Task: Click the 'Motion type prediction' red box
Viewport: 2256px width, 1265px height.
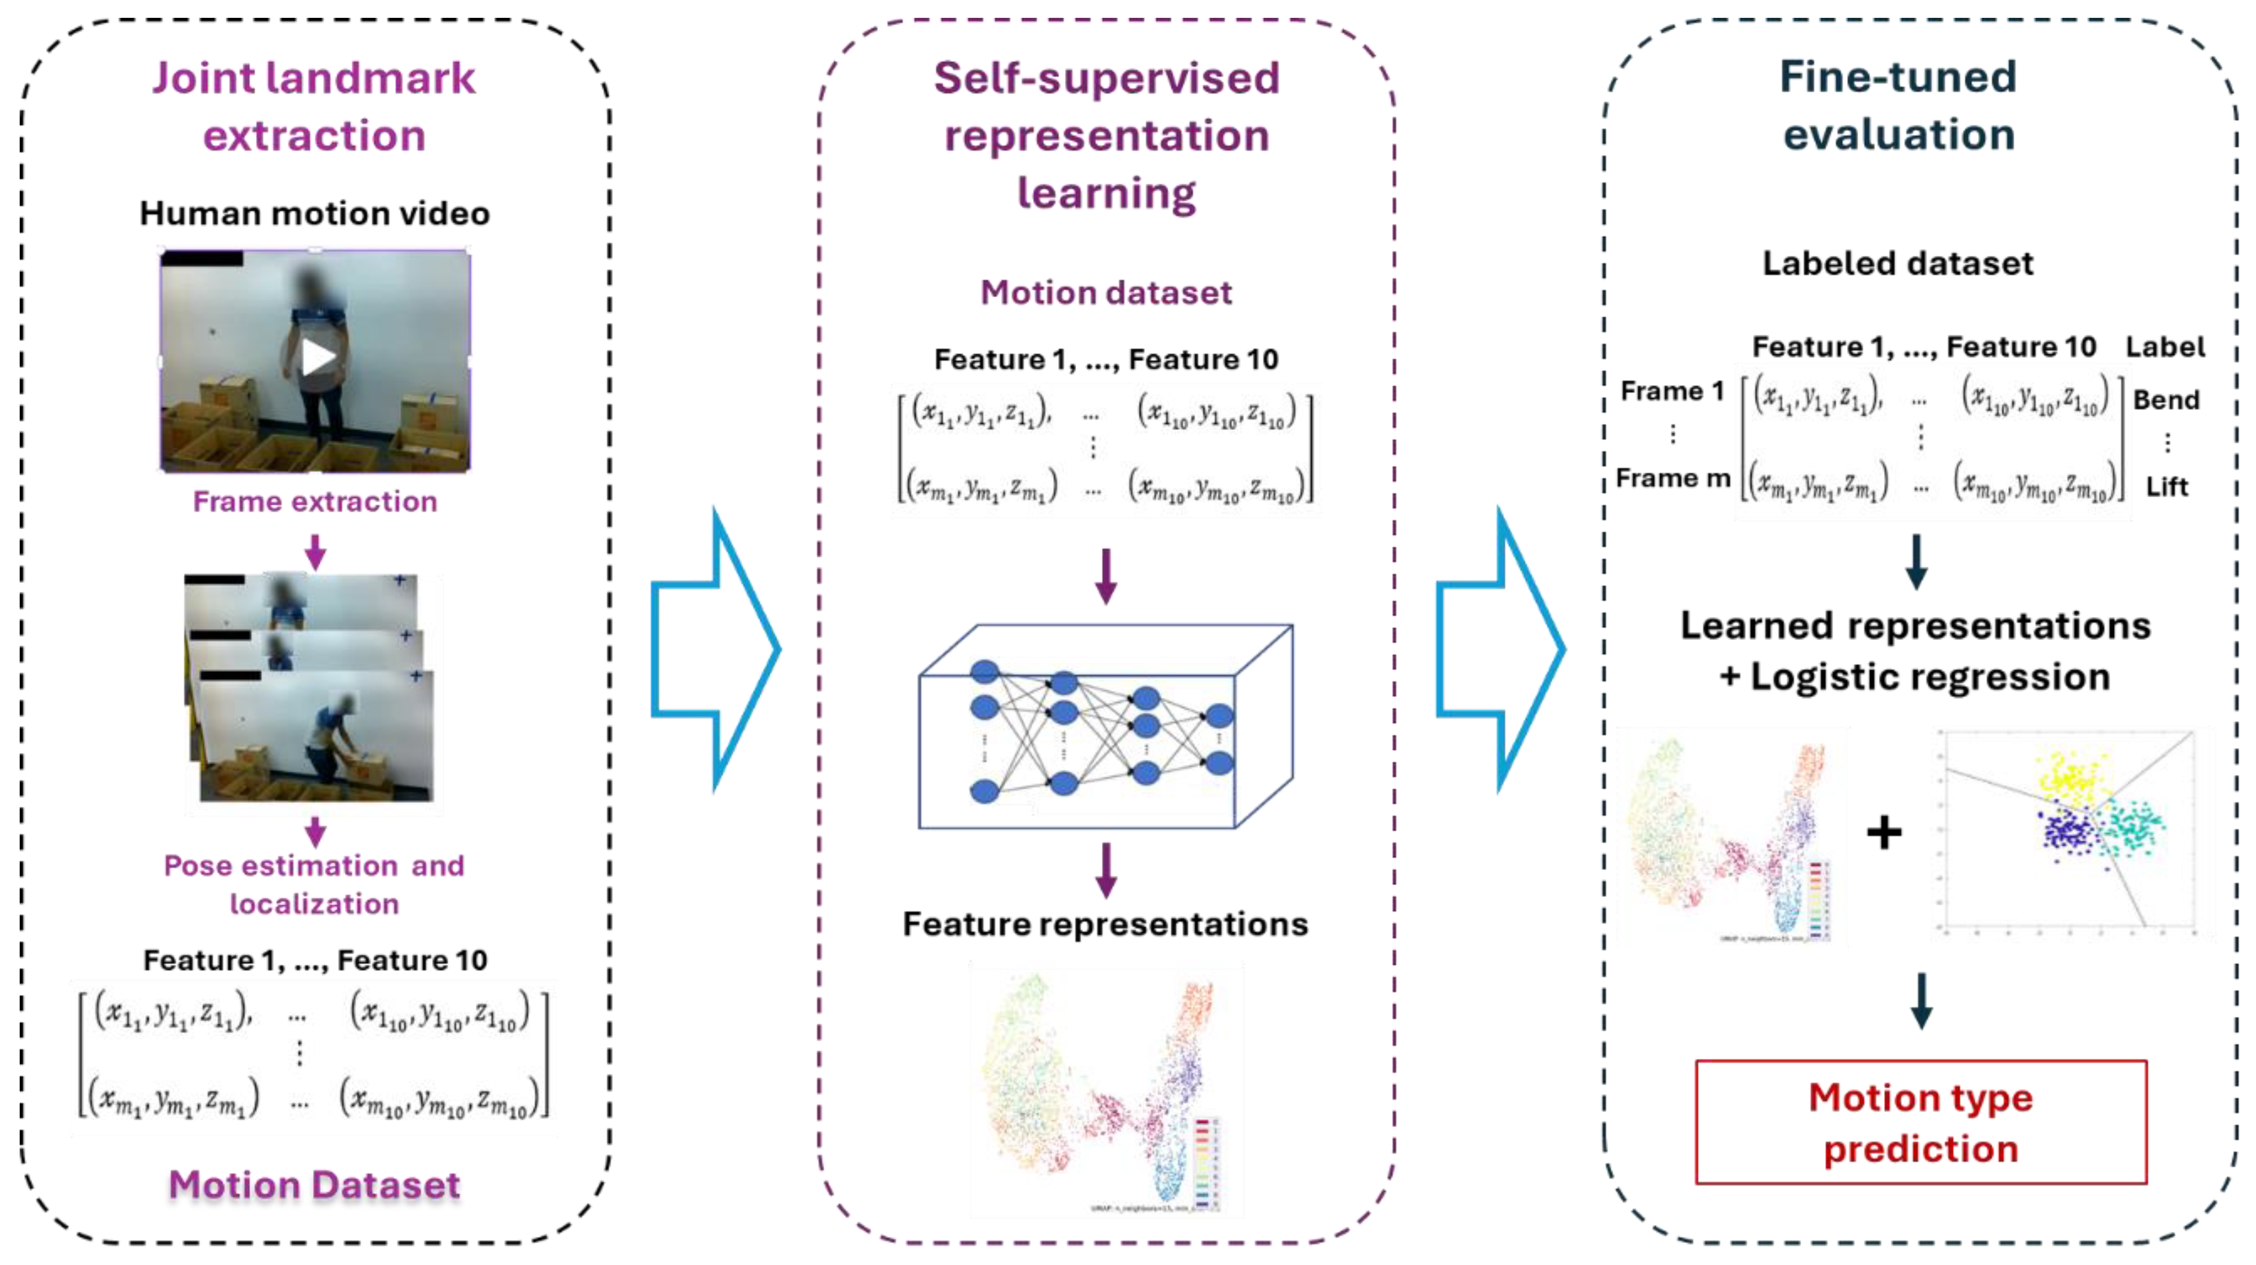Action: point(1920,1122)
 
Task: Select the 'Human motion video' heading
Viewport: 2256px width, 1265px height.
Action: point(314,213)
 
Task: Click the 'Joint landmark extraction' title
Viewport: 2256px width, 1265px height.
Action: point(314,106)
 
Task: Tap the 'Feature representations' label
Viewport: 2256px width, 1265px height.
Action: point(1105,924)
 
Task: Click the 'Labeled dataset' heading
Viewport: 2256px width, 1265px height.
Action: point(1898,263)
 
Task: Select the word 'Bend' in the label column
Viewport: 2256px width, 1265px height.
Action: point(2166,399)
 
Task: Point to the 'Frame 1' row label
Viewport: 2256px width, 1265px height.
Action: point(1672,391)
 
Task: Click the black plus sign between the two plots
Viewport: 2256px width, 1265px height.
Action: point(1884,832)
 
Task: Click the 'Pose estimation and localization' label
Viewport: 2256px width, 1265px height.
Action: point(314,884)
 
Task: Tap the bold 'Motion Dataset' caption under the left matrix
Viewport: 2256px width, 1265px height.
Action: point(314,1184)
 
